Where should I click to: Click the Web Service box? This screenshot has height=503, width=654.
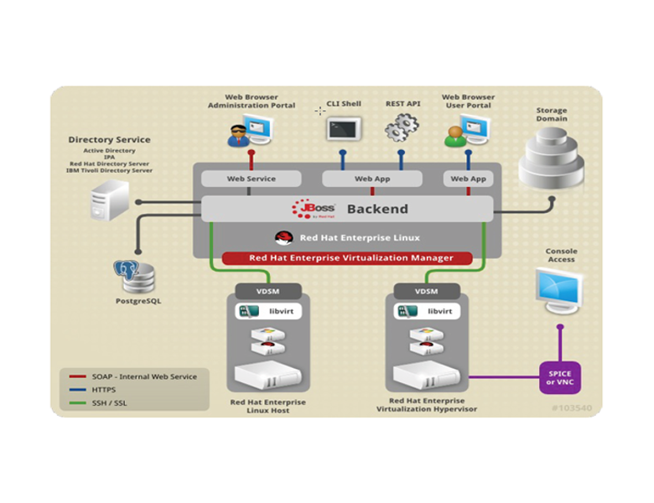click(x=251, y=179)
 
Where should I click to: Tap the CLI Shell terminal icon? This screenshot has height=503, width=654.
click(x=344, y=129)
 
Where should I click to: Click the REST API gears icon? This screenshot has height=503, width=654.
click(x=401, y=127)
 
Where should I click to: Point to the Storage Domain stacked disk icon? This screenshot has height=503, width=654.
click(x=551, y=158)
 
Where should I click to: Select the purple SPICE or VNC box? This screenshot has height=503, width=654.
click(x=561, y=377)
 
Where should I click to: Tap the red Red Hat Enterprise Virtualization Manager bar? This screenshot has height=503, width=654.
click(x=346, y=258)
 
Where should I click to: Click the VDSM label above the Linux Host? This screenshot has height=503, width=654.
click(x=267, y=291)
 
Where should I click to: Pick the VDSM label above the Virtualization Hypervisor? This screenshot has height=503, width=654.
click(x=426, y=291)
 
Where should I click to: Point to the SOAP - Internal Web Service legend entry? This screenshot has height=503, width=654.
click(x=134, y=376)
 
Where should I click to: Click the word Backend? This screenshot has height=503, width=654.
click(x=377, y=209)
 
